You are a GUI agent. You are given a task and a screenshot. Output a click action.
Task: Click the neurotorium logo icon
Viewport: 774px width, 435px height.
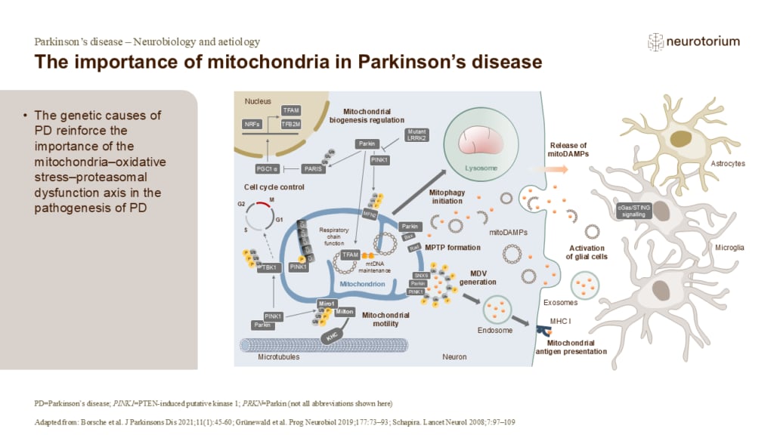tap(655, 42)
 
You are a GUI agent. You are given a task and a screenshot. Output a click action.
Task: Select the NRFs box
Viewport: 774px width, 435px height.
tap(253, 125)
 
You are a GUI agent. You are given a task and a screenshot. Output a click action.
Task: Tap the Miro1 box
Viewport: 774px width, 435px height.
tap(325, 302)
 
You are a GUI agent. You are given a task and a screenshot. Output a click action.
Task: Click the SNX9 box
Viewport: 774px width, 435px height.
tap(421, 276)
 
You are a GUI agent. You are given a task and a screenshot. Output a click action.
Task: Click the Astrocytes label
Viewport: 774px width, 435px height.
tap(728, 162)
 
